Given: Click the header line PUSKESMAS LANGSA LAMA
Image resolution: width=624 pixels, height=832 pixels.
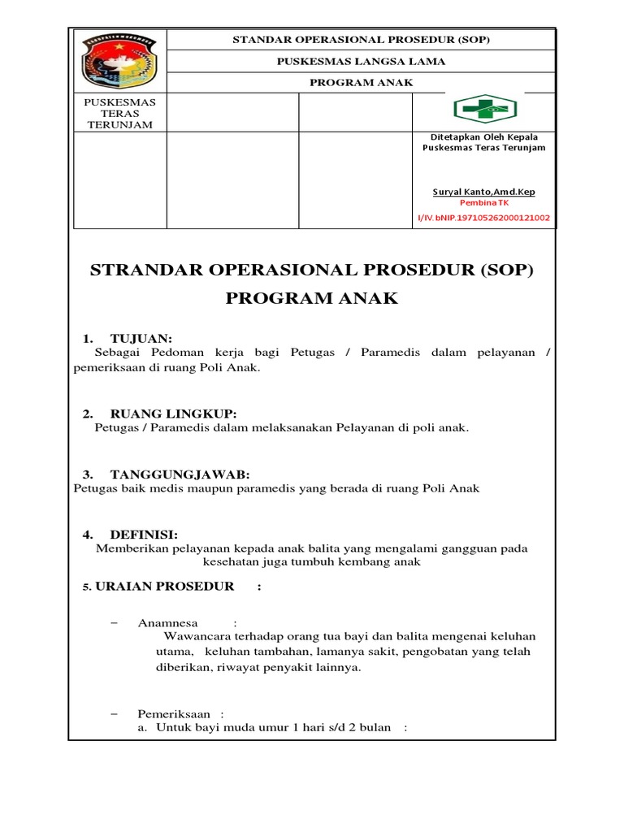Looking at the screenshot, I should coord(362,61).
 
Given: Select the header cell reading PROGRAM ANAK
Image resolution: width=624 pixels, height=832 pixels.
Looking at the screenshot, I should coord(362,82).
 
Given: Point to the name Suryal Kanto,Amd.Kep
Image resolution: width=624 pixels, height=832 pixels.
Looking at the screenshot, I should coord(484,192).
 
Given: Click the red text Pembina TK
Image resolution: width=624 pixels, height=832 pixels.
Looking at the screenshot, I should coord(484,203).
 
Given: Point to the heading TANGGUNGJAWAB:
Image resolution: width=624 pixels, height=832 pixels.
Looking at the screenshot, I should coord(180,474).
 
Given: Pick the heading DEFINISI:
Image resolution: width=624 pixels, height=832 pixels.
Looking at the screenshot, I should coord(143,534).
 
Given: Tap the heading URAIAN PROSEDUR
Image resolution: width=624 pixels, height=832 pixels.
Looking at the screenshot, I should coord(164,586).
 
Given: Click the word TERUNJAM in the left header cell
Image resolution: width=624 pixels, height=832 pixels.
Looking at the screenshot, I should coord(119,124).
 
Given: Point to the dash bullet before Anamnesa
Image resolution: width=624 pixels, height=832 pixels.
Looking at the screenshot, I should coord(113,623).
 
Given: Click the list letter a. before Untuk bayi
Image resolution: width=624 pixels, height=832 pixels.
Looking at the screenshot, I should coord(141,727).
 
